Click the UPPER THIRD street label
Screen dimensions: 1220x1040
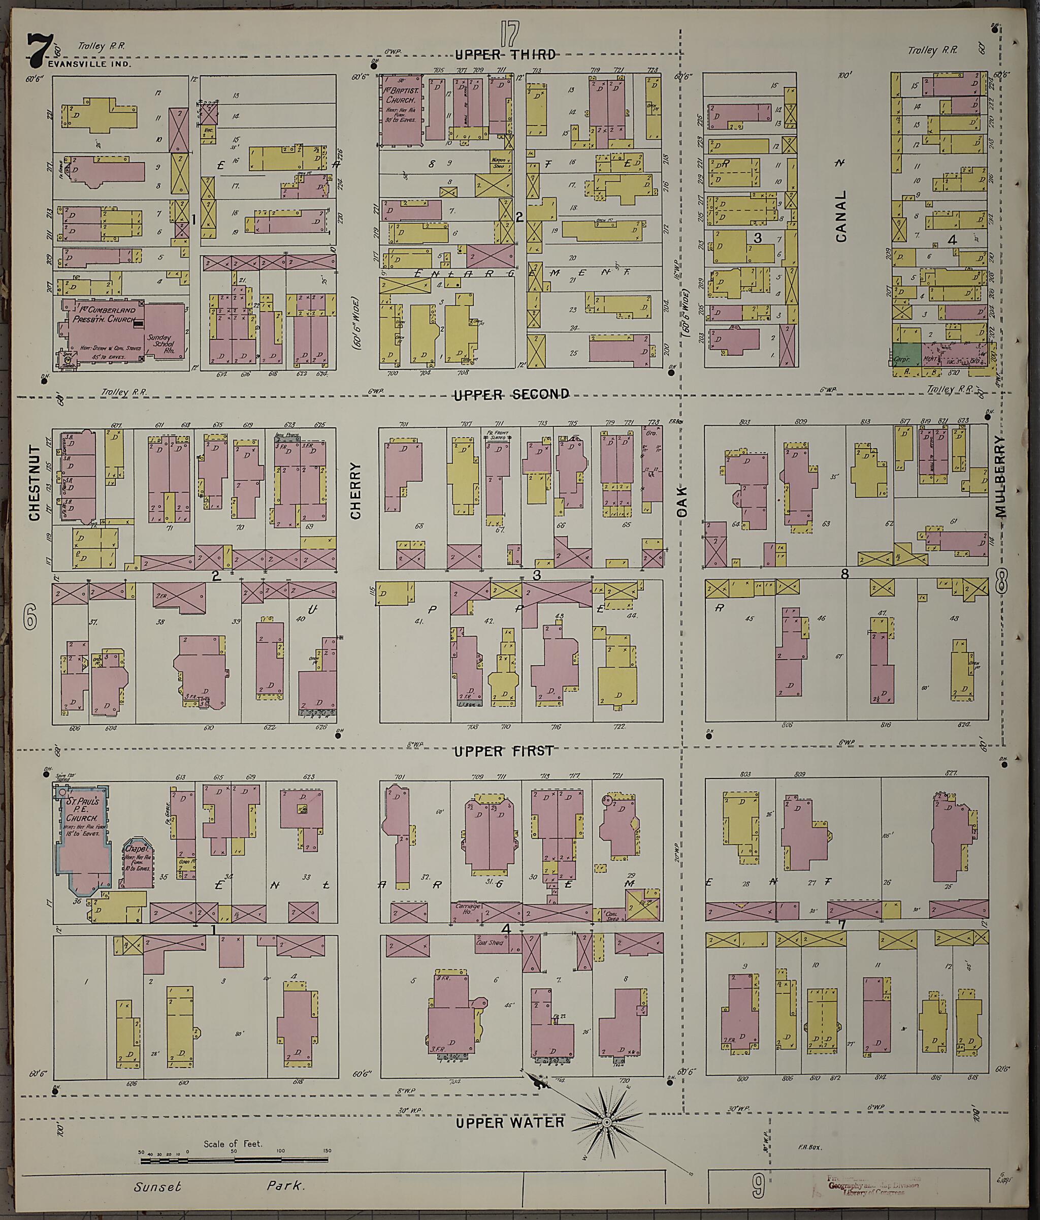505,55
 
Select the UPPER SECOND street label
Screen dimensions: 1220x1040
511,394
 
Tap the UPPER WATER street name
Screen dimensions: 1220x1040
510,1122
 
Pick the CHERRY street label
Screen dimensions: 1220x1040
355,490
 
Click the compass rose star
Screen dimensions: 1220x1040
606,1123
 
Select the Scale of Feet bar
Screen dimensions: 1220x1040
236,1161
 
